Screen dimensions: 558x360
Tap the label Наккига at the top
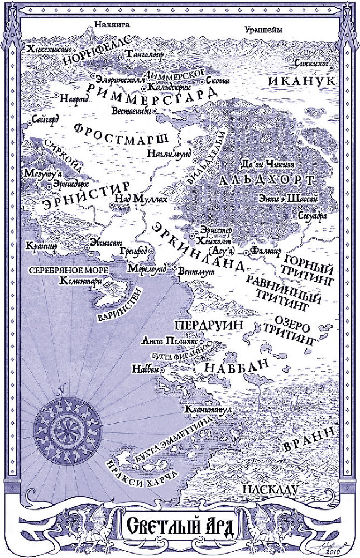[109, 24]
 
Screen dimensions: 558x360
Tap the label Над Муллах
[133, 198]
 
